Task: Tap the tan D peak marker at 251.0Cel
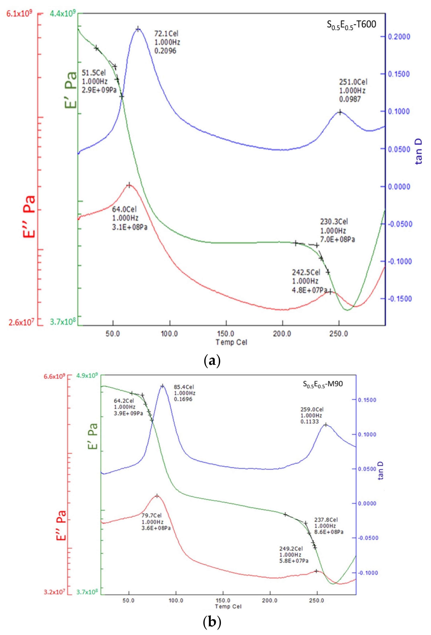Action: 340,112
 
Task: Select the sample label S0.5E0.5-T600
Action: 351,25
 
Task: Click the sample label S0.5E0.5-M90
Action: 323,384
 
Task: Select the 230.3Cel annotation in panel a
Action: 337,230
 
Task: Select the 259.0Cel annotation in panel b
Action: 312,415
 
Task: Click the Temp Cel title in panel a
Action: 231,342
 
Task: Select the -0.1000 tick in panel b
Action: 369,573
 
